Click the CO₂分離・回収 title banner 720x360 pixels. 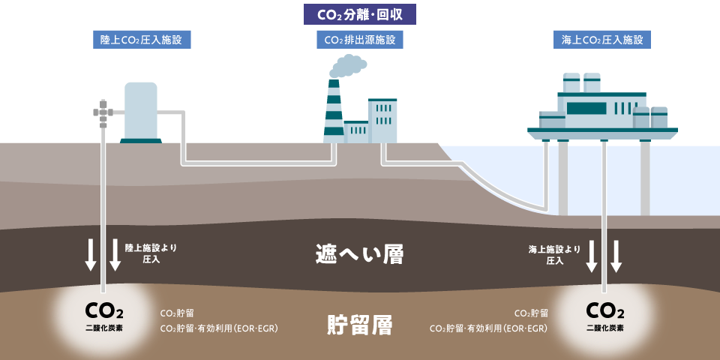360,13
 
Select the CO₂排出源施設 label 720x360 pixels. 360,39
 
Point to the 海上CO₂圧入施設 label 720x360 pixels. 602,39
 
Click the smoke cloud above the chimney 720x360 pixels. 348,66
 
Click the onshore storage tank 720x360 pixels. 140,111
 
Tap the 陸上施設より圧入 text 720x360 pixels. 151,253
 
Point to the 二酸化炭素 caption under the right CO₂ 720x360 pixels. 604,328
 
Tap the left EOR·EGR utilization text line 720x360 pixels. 220,328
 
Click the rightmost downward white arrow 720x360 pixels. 616,256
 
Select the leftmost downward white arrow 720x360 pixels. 91,256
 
